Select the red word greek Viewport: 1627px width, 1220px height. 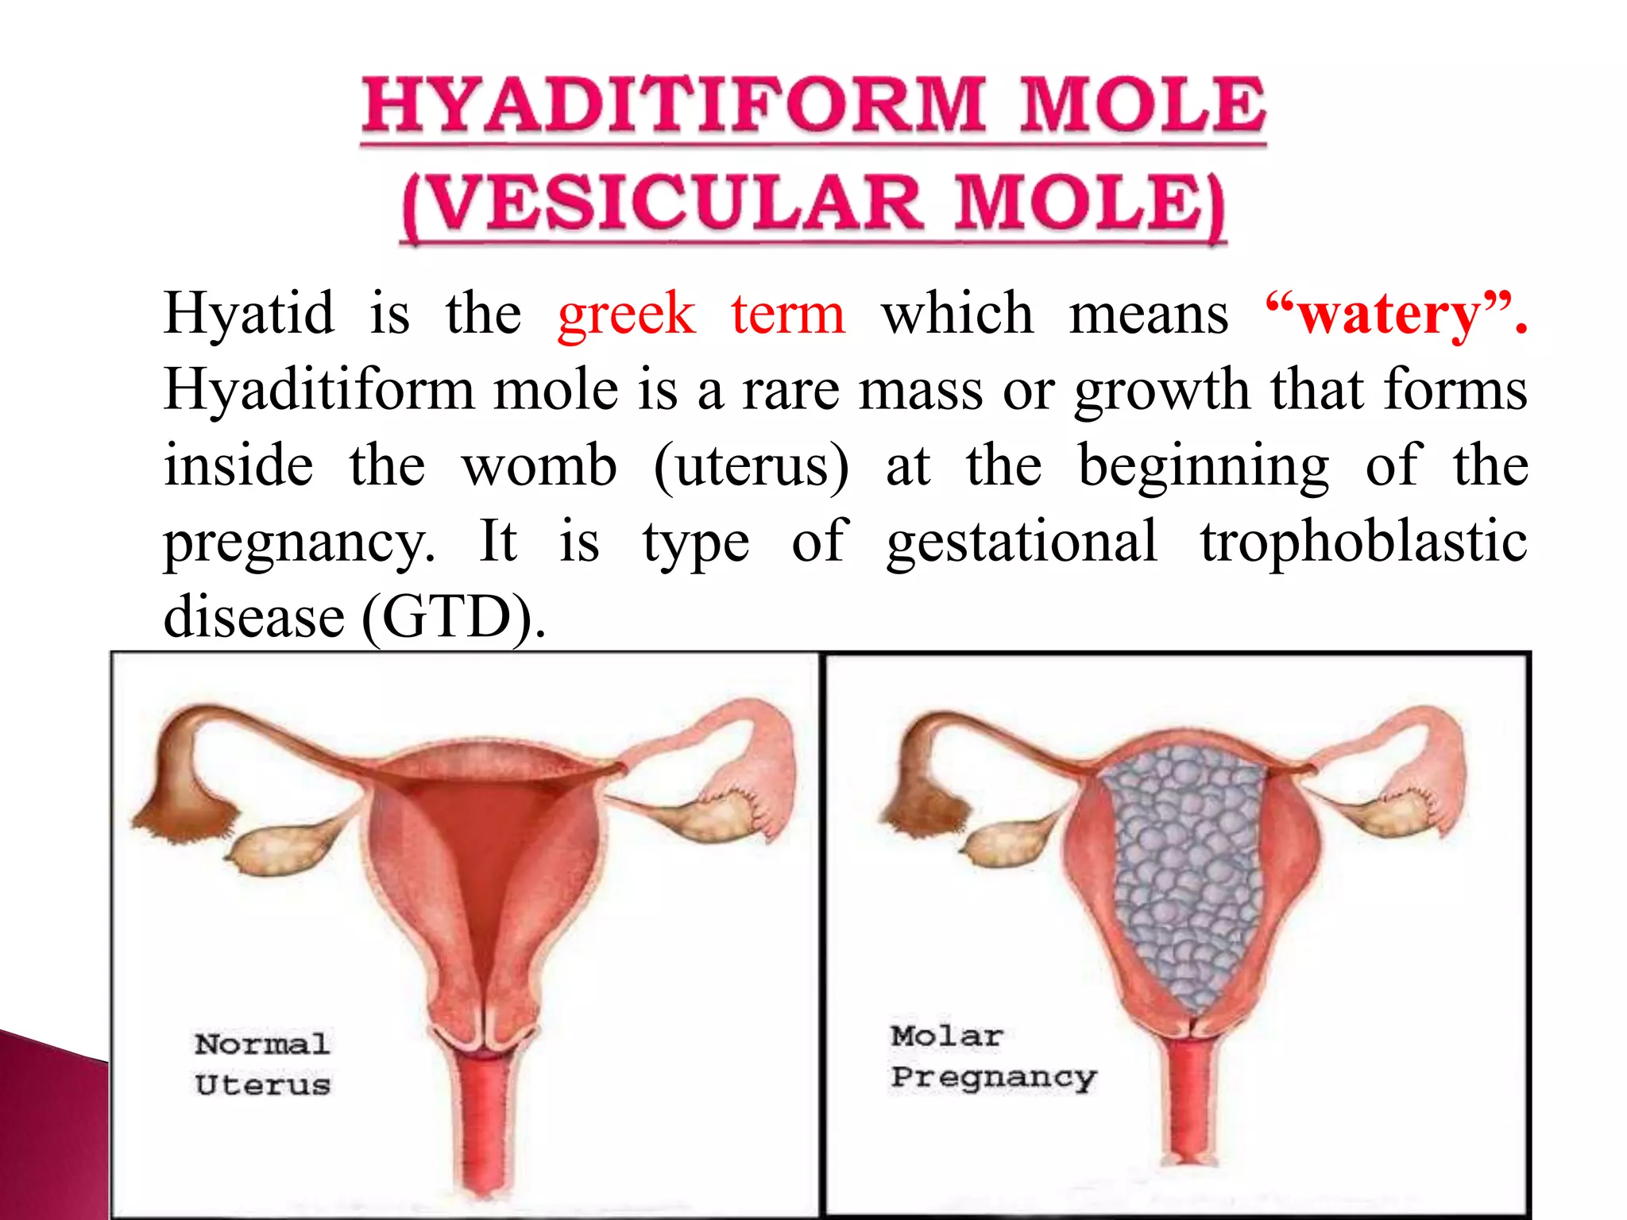626,314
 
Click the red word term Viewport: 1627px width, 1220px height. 788,314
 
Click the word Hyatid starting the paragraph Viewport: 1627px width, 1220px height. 249,314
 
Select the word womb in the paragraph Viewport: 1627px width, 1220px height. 539,466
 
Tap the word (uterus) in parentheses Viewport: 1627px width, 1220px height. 751,466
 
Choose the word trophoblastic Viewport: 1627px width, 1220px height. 1363,542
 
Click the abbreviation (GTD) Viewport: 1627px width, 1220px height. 453,617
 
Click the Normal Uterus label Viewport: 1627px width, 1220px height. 262,1064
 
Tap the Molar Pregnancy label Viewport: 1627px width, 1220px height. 992,1056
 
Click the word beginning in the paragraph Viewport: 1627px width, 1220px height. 1203,468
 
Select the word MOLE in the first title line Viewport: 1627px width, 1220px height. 1142,105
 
